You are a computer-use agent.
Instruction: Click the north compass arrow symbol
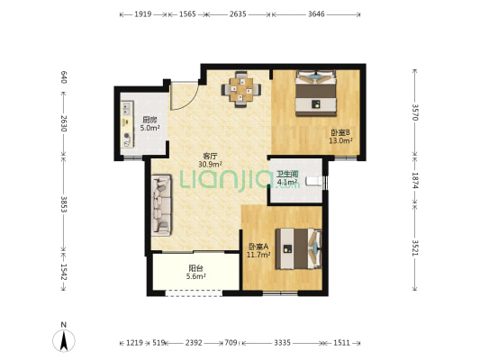(64, 341)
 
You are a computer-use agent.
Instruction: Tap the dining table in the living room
(241, 89)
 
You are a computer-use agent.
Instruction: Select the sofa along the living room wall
(161, 205)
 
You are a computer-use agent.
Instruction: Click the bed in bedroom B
(315, 94)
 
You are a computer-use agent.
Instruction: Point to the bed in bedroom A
(298, 248)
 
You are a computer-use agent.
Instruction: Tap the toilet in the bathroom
(314, 181)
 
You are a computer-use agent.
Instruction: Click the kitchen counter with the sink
(128, 124)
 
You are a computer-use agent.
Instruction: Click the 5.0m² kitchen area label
(149, 128)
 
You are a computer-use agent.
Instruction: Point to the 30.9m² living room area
(210, 165)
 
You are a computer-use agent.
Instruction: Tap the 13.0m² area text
(340, 140)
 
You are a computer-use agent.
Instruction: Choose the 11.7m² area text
(258, 255)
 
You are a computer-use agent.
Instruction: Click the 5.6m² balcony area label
(196, 276)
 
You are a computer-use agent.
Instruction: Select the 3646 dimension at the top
(316, 14)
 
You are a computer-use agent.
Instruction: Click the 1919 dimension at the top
(143, 14)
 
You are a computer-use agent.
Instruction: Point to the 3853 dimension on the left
(64, 204)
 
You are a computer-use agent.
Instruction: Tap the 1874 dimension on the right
(415, 180)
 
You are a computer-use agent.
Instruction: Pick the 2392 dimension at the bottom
(194, 343)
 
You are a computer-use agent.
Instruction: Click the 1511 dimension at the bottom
(341, 343)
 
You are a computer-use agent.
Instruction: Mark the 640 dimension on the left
(64, 77)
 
